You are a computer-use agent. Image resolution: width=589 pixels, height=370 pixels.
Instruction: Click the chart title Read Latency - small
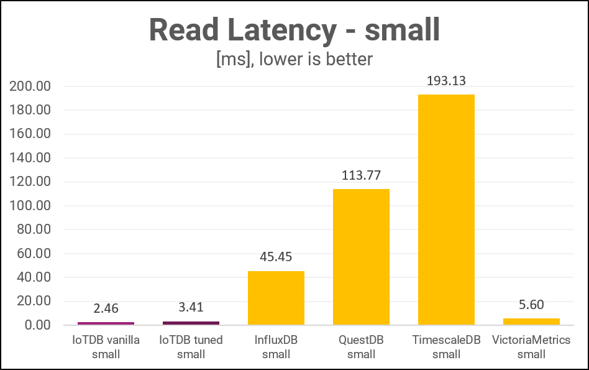pyautogui.click(x=294, y=29)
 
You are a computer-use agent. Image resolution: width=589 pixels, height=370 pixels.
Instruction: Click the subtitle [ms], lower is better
pyautogui.click(x=294, y=59)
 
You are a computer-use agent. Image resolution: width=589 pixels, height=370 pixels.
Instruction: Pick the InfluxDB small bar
pyautogui.click(x=276, y=298)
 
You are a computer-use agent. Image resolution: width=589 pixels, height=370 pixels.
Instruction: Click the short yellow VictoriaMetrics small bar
pyautogui.click(x=531, y=321)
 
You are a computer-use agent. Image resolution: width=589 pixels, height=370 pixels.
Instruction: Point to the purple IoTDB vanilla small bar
pyautogui.click(x=106, y=323)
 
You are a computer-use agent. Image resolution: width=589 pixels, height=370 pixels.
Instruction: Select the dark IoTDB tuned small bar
pyautogui.click(x=191, y=323)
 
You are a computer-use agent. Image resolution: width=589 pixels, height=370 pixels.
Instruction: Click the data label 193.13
pyautogui.click(x=446, y=81)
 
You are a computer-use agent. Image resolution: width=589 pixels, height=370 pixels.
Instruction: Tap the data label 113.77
pyautogui.click(x=361, y=175)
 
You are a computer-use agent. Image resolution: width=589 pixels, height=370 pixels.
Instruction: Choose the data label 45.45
pyautogui.click(x=276, y=257)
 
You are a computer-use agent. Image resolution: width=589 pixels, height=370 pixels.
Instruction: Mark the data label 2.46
pyautogui.click(x=106, y=308)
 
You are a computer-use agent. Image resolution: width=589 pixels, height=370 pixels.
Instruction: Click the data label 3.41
pyautogui.click(x=191, y=307)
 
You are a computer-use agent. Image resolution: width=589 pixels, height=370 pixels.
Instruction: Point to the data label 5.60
pyautogui.click(x=531, y=305)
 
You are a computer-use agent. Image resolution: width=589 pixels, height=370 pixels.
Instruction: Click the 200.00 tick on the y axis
pyautogui.click(x=31, y=86)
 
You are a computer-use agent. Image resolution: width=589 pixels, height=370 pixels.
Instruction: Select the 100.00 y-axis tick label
pyautogui.click(x=31, y=206)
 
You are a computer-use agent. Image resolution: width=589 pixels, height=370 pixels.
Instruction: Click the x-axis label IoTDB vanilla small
pyautogui.click(x=106, y=347)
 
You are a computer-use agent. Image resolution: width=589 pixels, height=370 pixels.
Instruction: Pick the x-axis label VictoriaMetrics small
pyautogui.click(x=531, y=347)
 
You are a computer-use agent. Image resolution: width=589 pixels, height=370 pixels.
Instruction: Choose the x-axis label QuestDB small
pyautogui.click(x=361, y=347)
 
